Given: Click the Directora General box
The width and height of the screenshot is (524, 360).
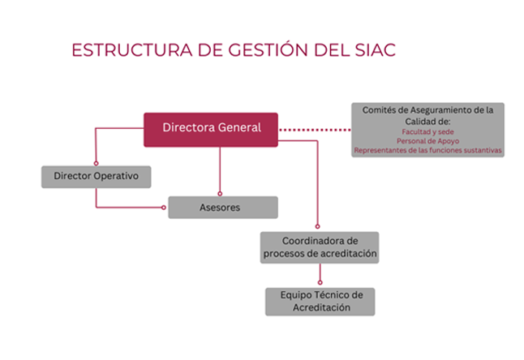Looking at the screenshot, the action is (x=211, y=130).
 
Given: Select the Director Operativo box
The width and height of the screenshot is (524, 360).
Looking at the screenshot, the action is (x=97, y=177).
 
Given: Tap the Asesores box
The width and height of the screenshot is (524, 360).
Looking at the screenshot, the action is (x=223, y=208).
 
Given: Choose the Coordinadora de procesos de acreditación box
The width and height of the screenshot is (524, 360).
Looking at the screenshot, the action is (x=320, y=247).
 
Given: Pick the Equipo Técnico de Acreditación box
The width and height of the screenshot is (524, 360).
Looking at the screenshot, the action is (x=320, y=302).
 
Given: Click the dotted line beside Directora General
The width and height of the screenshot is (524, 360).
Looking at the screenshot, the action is (x=315, y=130).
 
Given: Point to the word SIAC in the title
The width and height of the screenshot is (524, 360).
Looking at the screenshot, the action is (x=375, y=50).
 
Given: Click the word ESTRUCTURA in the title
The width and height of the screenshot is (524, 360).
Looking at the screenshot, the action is (x=132, y=50).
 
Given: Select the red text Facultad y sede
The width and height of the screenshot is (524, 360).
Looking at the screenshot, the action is (x=427, y=131).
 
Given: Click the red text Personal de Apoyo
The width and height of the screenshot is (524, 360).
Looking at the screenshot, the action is (x=427, y=141).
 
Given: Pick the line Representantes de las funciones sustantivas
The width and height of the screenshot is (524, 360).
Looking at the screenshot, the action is (x=427, y=150).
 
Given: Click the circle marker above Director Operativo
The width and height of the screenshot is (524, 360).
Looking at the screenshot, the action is (x=96, y=163).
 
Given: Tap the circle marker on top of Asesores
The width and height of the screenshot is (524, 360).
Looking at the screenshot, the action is (x=220, y=194).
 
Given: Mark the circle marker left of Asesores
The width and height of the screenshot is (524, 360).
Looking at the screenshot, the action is (x=164, y=208).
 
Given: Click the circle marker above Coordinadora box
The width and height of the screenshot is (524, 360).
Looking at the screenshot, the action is (x=317, y=226).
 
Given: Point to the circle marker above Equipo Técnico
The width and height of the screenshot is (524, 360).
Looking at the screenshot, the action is (x=320, y=282).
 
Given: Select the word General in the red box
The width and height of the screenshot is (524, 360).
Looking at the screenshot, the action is (x=239, y=127).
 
